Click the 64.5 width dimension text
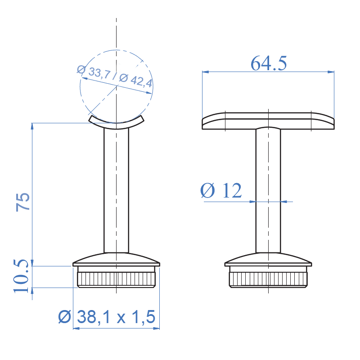click(x=269, y=63)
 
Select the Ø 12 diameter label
click(x=221, y=191)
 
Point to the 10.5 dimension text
click(x=21, y=276)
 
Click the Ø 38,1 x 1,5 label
click(x=107, y=317)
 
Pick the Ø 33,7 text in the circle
click(x=93, y=73)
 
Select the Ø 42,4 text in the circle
click(x=137, y=81)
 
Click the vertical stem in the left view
click(x=117, y=189)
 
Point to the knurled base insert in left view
click(x=117, y=279)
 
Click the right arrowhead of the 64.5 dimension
click(x=332, y=72)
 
